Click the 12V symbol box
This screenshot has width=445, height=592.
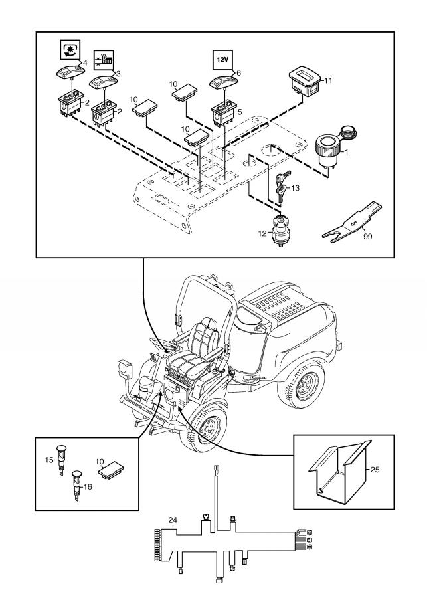tap(221, 59)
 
